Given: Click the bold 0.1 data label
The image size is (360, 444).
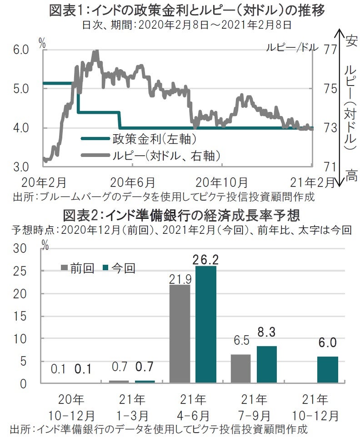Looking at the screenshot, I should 84,369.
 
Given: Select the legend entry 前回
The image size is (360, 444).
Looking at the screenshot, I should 78,268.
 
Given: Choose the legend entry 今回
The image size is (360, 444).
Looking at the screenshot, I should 120,268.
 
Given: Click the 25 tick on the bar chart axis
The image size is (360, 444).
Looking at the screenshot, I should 26,271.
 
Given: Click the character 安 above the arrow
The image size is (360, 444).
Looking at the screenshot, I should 350,41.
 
